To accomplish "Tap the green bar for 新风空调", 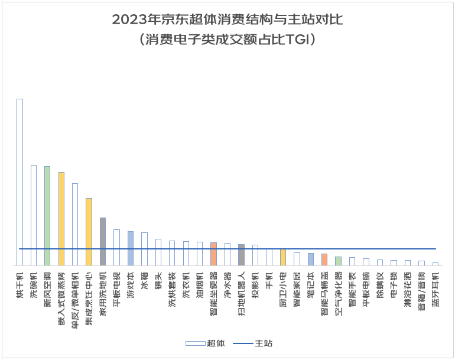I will [x=47, y=216].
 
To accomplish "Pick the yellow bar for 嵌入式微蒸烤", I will [x=61, y=219].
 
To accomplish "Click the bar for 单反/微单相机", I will [x=75, y=225].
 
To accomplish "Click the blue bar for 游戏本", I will [x=130, y=248].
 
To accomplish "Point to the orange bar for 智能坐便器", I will [x=213, y=254].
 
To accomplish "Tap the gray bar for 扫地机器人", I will [x=241, y=255].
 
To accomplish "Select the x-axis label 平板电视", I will [x=116, y=286].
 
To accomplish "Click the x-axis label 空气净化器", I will [x=338, y=289].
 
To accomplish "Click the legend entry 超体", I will [x=204, y=343].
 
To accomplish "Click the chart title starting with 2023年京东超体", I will [x=227, y=20].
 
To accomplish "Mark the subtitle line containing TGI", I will [x=227, y=40].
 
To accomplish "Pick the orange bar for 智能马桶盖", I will [x=324, y=260].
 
